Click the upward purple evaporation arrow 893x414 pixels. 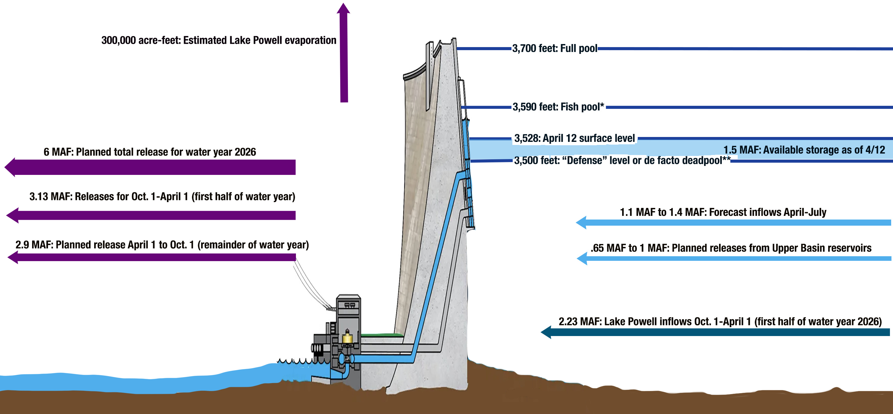tap(344, 55)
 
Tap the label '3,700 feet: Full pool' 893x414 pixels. tap(554, 48)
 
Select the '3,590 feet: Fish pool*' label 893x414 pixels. tap(558, 107)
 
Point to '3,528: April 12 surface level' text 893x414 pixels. tap(574, 138)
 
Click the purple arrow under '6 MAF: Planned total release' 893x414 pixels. tap(153, 167)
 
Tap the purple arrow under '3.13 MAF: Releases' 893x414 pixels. tap(153, 215)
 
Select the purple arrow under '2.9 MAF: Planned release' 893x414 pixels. tap(153, 257)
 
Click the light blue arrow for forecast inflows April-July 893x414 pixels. tap(732, 222)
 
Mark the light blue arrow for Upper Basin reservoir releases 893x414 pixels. tap(732, 258)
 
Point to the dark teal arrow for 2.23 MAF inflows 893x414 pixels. tap(714, 332)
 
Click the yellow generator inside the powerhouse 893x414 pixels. tap(347, 337)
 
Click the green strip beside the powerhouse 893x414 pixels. tap(381, 335)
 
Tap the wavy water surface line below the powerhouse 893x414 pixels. tap(298, 361)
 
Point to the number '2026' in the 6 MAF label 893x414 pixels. tap(245, 152)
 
